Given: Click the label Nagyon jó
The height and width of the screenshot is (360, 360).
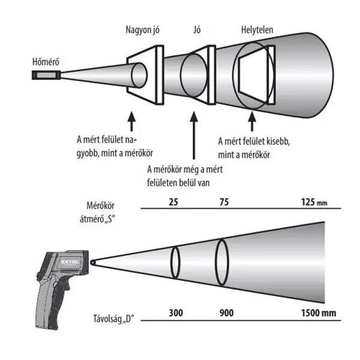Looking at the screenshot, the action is click(142, 30).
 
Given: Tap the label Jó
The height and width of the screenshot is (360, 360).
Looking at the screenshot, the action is click(197, 30).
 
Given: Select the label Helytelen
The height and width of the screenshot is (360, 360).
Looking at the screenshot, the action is click(257, 30).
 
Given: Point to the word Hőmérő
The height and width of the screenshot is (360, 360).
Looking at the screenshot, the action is click(46, 62).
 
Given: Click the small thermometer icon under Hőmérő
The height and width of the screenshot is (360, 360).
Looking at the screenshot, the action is click(46, 75).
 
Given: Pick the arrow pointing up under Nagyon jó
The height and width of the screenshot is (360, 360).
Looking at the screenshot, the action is click(131, 121).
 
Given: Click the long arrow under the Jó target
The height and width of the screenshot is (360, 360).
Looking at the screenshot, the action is click(194, 135).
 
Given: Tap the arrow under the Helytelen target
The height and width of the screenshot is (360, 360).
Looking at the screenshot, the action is click(252, 121).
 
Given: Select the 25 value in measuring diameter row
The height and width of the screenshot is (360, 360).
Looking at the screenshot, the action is click(173, 202).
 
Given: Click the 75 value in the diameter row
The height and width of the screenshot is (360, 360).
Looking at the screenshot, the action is click(224, 202).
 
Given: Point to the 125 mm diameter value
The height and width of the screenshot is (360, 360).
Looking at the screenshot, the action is click(314, 202).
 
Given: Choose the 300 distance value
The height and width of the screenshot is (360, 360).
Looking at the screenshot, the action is click(176, 313).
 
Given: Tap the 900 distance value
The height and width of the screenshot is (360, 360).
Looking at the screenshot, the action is click(227, 313).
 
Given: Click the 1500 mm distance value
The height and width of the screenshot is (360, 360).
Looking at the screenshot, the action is click(319, 313).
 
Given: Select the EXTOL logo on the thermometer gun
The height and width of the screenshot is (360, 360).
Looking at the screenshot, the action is click(70, 262).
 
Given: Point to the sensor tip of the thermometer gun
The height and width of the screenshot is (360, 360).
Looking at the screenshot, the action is click(92, 262).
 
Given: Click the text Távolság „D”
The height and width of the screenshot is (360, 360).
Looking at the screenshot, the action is click(113, 319).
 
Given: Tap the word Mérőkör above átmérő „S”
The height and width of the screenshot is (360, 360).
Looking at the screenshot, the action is click(100, 205).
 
